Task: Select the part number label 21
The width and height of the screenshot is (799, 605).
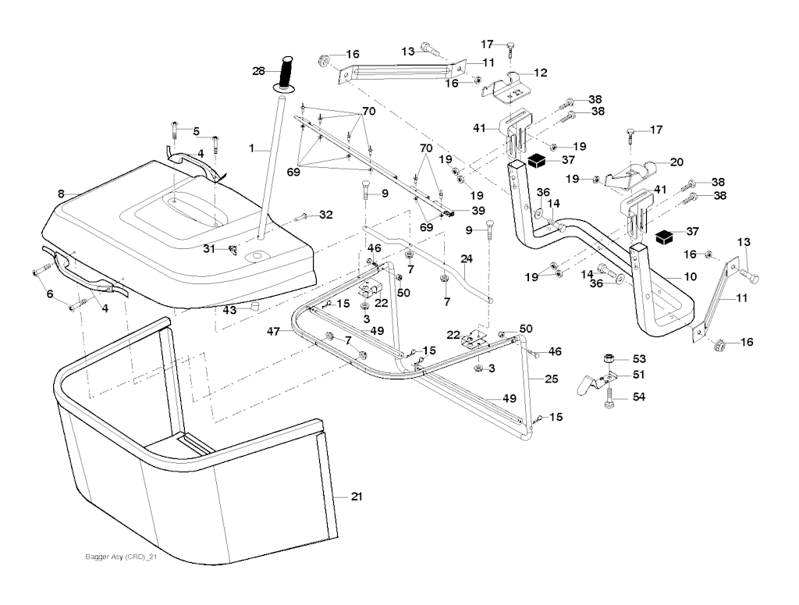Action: (x=357, y=496)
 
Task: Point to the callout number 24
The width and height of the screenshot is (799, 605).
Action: (x=466, y=258)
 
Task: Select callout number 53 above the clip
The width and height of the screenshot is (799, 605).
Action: (x=639, y=358)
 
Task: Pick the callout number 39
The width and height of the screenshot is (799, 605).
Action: (x=478, y=211)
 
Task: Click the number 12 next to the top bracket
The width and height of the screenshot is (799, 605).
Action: (x=540, y=73)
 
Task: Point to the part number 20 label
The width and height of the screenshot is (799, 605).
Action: (x=676, y=162)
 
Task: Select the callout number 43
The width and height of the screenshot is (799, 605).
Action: (x=229, y=310)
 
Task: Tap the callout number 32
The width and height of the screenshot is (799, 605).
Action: (x=325, y=214)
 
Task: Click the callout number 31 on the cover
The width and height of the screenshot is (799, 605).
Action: (x=209, y=248)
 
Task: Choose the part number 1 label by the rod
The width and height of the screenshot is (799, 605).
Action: (x=251, y=147)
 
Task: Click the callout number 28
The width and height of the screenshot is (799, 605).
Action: (x=258, y=71)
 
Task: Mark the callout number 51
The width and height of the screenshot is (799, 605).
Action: (x=639, y=375)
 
